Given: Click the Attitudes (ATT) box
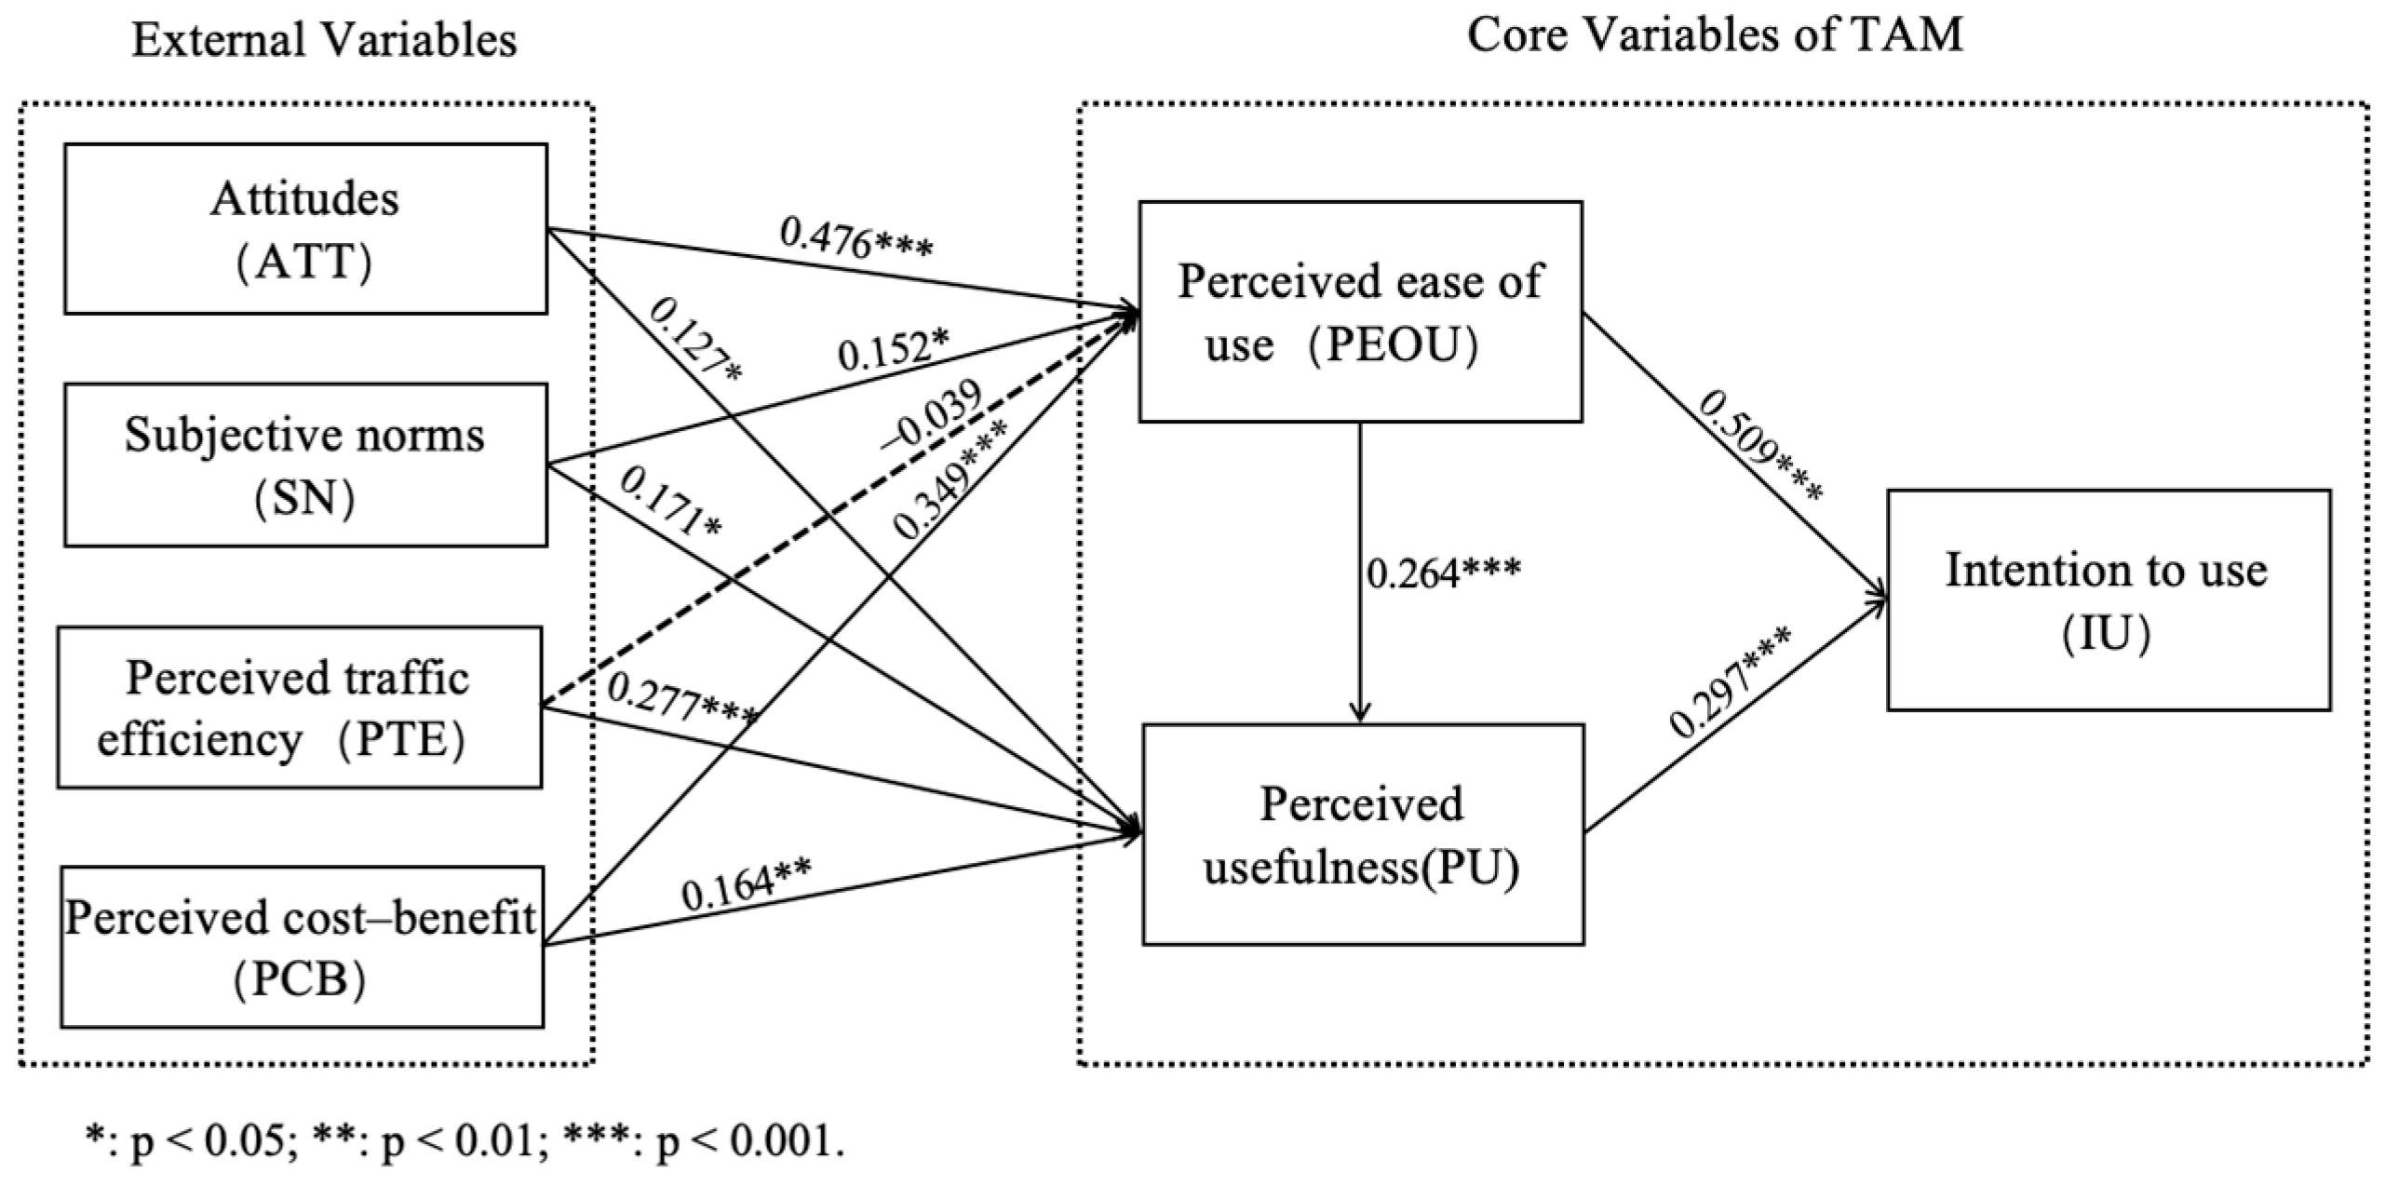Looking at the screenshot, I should click(x=305, y=229).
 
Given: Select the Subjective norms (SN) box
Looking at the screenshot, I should click(x=305, y=465).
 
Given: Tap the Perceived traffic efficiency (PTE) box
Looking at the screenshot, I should click(x=299, y=708).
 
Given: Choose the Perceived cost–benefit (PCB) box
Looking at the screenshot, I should click(x=302, y=947).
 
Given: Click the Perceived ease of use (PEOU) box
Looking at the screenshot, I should click(x=1360, y=312).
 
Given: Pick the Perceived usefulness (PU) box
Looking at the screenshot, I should click(x=1363, y=834).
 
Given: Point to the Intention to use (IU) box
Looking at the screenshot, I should click(x=2108, y=600).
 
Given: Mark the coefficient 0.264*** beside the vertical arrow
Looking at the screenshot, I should click(x=1443, y=572).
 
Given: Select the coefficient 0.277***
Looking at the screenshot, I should click(x=681, y=700).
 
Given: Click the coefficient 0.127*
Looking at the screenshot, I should click(x=694, y=339).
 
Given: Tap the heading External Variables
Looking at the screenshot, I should click(x=324, y=41).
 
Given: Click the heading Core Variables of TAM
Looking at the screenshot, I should click(x=1715, y=35).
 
